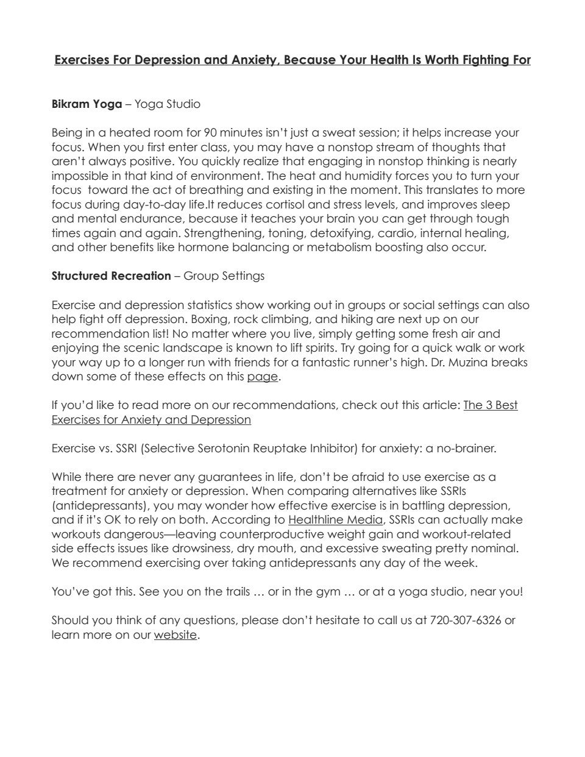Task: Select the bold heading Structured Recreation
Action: (x=111, y=276)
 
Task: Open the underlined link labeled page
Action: (x=262, y=377)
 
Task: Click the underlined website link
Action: (x=175, y=635)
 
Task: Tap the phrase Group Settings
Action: (x=224, y=276)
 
